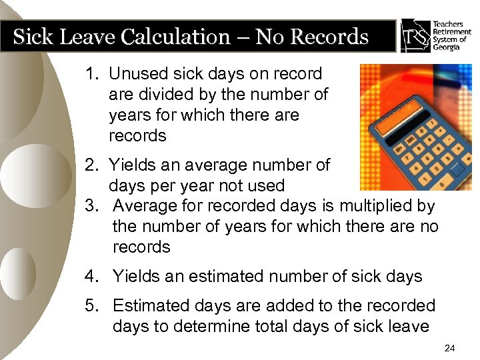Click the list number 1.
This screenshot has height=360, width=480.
tap(91, 73)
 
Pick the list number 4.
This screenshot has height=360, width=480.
tap(91, 275)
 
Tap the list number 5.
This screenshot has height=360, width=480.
tap(91, 306)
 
